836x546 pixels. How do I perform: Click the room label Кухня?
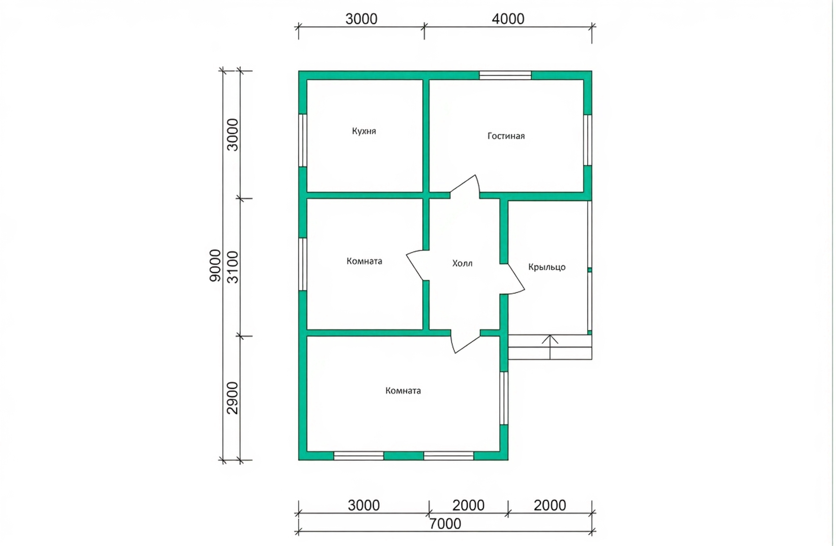364,131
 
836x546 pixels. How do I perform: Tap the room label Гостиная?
506,136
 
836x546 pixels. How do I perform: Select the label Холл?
462,263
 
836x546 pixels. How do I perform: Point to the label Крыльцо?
547,267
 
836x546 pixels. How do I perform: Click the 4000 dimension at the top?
508,19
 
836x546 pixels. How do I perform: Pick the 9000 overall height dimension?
215,265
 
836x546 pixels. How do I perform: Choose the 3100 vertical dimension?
233,267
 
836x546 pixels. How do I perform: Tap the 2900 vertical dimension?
233,398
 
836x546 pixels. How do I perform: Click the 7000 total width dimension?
445,524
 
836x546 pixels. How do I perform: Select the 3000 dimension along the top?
361,19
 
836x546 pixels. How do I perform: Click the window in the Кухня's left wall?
302,140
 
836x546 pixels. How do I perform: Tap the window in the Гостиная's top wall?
505,75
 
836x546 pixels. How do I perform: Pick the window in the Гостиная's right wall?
588,140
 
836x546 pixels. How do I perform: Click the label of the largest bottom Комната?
403,391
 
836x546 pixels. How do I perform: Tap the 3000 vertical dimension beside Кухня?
233,135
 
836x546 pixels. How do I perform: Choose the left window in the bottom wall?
359,456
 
